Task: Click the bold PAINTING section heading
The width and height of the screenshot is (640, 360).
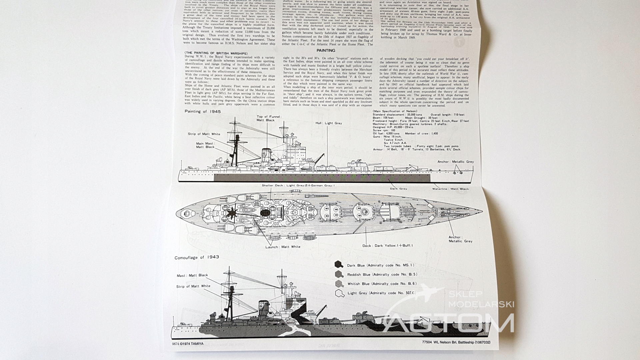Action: pos(326,51)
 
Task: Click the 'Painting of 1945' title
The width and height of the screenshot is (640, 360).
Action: pos(203,111)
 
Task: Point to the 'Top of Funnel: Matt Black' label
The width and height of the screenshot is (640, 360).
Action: pos(269,118)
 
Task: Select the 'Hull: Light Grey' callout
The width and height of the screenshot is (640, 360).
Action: pos(329,123)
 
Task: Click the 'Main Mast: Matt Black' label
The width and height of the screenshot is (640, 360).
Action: pos(205,145)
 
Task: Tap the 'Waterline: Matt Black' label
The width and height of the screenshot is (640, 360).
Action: pos(450,189)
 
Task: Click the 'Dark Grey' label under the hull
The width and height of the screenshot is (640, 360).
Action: pos(398,189)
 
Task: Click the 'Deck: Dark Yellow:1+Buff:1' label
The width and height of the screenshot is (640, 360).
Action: pos(388,246)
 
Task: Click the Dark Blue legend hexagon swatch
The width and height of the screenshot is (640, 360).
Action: pos(339,265)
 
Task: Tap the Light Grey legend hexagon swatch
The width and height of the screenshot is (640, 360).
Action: pos(339,293)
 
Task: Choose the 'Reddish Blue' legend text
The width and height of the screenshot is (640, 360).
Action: pos(382,275)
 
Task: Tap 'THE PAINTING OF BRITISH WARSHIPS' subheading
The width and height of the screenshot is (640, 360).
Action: pos(216,54)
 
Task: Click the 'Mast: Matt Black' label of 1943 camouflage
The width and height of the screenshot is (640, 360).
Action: pos(192,275)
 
